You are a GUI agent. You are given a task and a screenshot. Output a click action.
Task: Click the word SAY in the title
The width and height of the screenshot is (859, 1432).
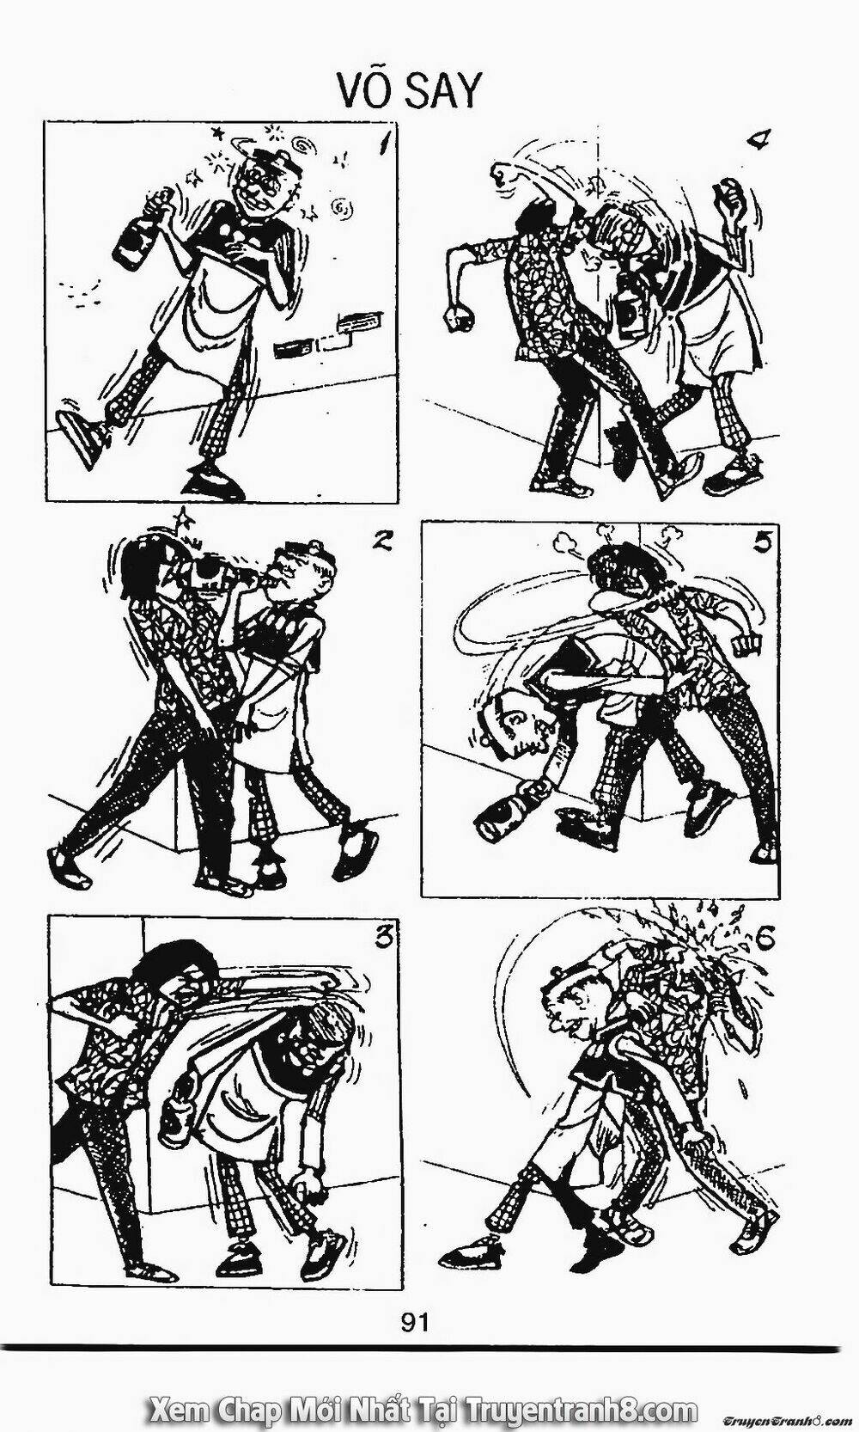(443, 92)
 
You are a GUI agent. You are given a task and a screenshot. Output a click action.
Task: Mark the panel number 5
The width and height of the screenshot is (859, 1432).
(761, 544)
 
